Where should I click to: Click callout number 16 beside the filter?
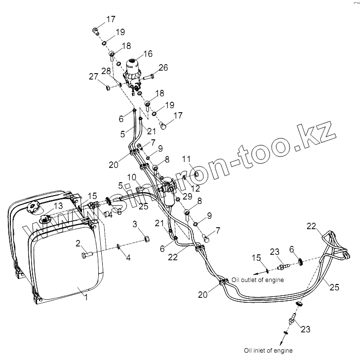click(148, 54)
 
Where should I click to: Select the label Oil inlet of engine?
click(268, 350)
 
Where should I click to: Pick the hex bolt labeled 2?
click(86, 254)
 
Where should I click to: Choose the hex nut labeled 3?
click(147, 239)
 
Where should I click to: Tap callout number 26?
click(163, 67)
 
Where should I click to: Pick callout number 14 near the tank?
click(108, 214)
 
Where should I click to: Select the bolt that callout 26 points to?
click(150, 77)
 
